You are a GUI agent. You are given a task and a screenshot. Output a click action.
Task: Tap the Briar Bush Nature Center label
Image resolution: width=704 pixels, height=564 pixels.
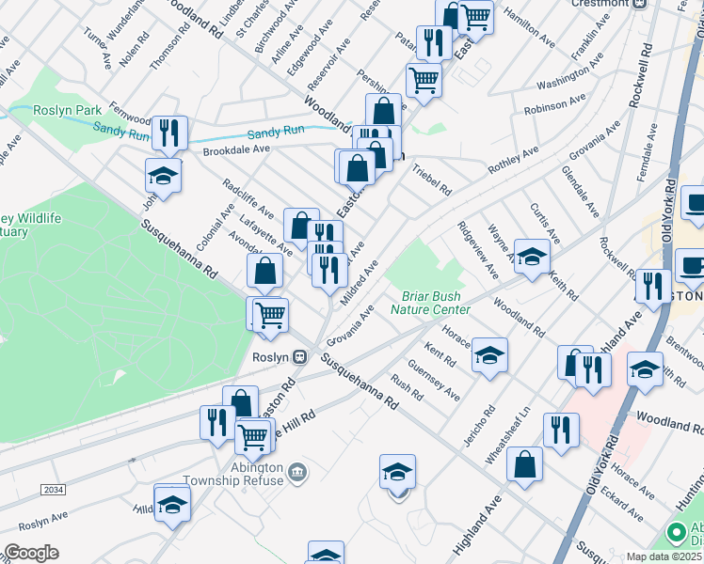coord(436,302)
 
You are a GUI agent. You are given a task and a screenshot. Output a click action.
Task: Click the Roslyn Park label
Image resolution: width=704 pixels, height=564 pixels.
coord(68,110)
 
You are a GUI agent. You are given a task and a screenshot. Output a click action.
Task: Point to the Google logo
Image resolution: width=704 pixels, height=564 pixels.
coord(30,553)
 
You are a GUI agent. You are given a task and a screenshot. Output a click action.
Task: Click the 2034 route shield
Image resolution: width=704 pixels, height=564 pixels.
coord(53,490)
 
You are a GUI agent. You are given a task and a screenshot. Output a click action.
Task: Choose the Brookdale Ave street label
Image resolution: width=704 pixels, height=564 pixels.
coord(236,149)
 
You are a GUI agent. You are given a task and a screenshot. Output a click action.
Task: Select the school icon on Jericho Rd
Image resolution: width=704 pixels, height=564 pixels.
coord(489,354)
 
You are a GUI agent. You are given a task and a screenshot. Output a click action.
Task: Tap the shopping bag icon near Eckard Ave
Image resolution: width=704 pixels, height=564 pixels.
coord(524,463)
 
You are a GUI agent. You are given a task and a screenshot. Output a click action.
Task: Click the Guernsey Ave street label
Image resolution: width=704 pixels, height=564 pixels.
coord(434,380)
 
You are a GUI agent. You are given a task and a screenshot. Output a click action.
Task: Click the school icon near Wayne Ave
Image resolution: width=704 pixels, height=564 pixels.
coord(532,258)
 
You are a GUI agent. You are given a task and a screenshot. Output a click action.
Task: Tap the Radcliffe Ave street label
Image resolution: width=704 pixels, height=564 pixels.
coord(248,198)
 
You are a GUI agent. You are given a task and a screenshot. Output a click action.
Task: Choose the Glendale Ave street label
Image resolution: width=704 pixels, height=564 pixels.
coord(580,192)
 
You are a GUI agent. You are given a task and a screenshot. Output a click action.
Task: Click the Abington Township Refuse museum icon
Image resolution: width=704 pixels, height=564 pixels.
coord(297,471)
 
